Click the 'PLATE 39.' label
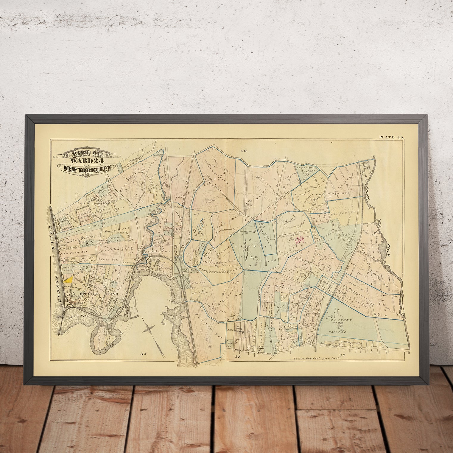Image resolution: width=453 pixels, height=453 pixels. [x=391, y=137]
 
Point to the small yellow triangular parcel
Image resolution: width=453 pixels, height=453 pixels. [x=69, y=279]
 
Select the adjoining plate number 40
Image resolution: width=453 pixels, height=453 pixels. [x=244, y=151]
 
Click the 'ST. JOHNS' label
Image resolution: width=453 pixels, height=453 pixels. [x=343, y=320]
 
